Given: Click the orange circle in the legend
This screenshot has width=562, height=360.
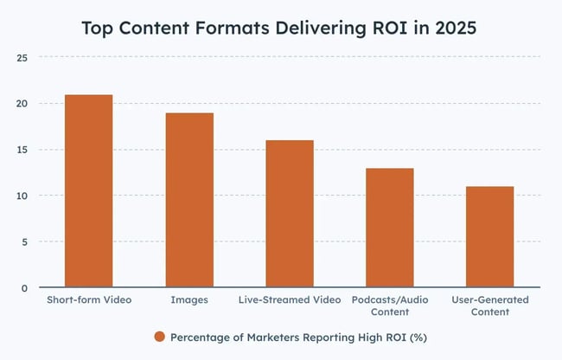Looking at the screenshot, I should tap(160, 337).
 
